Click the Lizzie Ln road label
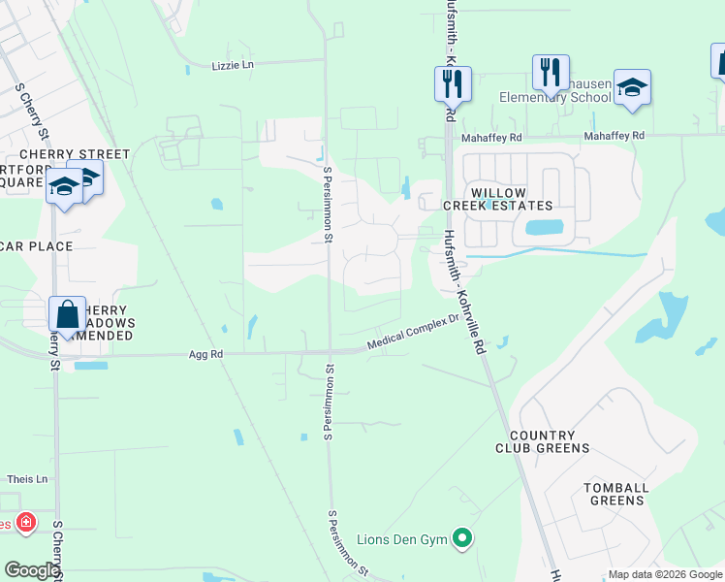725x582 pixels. [x=233, y=65]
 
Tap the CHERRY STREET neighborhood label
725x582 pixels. [x=75, y=154]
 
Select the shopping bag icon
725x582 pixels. [x=67, y=314]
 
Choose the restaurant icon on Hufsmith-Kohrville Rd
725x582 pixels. [x=453, y=83]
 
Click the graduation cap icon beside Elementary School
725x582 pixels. [x=632, y=88]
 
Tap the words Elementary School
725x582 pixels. [x=555, y=97]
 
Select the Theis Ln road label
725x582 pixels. [x=27, y=479]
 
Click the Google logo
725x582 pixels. [x=31, y=570]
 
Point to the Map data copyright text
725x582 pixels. [x=663, y=574]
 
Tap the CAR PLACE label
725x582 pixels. [x=37, y=246]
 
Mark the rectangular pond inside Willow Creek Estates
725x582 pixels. [x=543, y=229]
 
